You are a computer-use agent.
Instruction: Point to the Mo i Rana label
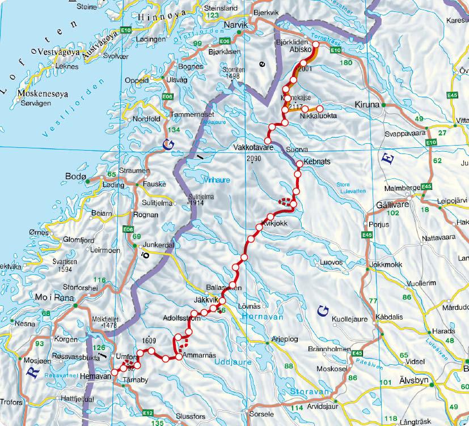tap(56, 298)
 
